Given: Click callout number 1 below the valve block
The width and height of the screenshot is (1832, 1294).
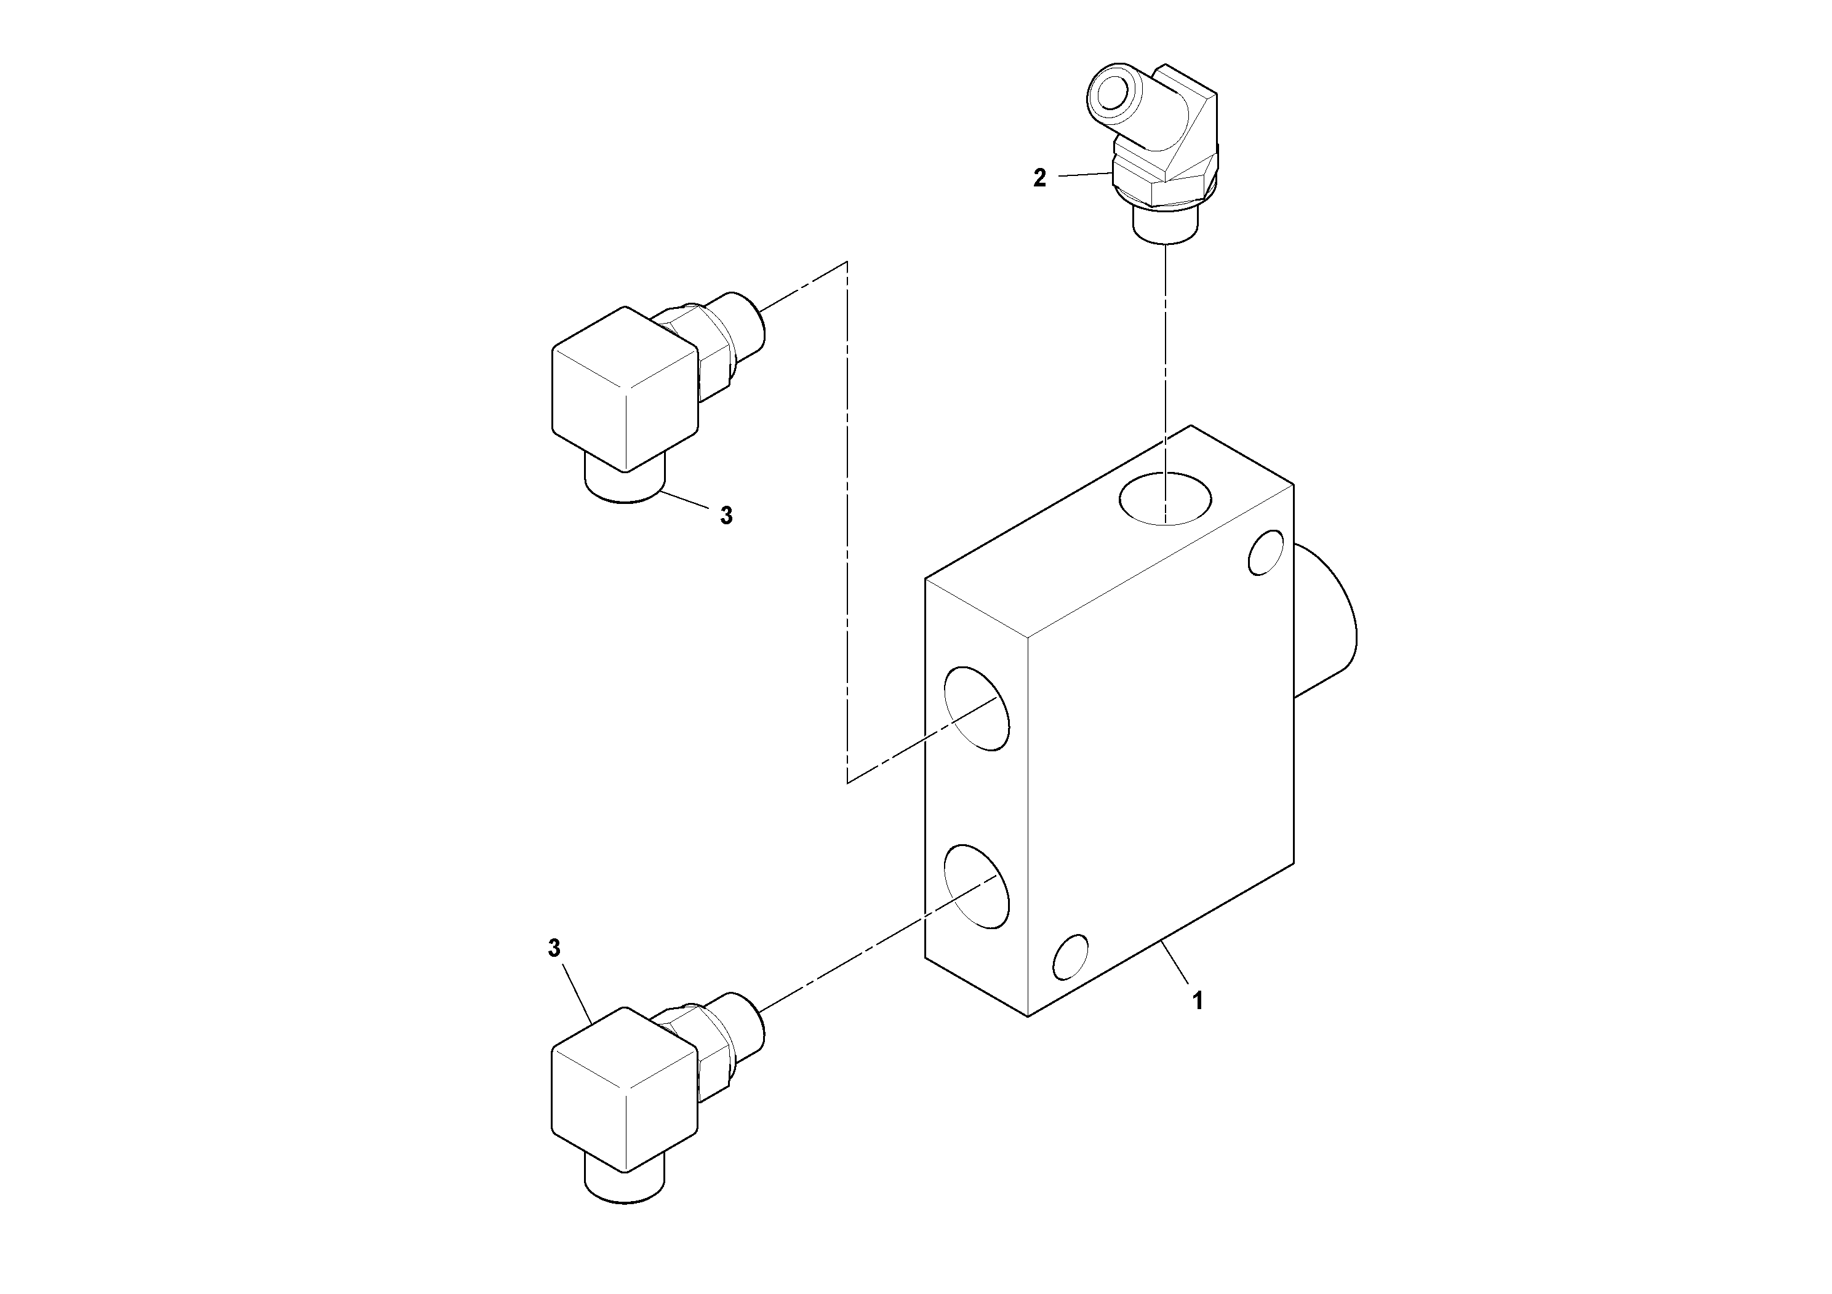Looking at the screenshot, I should (1197, 1000).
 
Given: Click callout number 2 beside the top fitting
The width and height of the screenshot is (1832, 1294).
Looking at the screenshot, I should (1039, 178).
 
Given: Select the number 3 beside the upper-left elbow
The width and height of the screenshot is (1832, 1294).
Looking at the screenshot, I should (726, 516).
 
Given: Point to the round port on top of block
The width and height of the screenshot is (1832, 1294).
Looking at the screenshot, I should (1165, 498).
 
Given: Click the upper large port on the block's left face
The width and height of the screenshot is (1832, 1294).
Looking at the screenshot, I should (977, 708).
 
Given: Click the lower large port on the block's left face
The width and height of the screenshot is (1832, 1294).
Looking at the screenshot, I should (977, 886).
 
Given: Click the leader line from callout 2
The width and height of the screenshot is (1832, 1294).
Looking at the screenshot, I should (1085, 175).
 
